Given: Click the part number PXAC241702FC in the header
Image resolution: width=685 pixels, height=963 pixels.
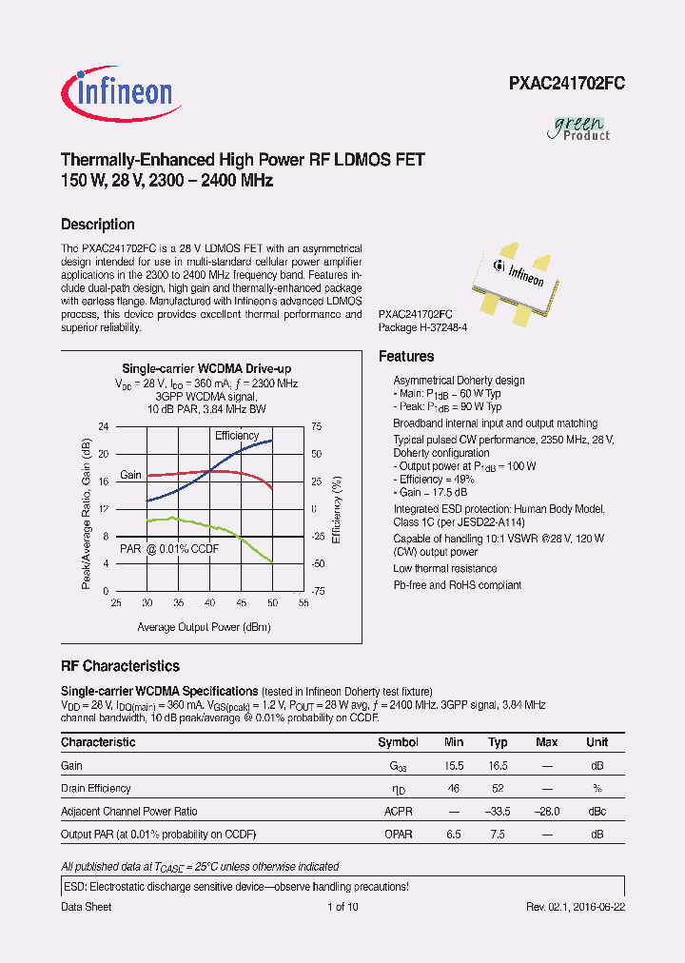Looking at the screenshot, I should pos(566,84).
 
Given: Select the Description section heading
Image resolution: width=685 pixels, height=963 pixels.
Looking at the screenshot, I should pos(97,225).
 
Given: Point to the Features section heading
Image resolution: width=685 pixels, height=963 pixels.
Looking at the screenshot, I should pos(406,357).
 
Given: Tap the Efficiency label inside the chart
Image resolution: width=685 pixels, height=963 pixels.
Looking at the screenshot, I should pos(237,436).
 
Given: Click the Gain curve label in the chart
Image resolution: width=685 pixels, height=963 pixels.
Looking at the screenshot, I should pos(130,475).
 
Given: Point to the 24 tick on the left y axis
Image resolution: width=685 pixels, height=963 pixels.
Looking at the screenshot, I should pos(104,426).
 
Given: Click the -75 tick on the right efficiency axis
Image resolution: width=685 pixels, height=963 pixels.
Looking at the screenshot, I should pos(318,591).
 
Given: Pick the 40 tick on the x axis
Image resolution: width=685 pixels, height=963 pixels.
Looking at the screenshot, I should pos(209,603).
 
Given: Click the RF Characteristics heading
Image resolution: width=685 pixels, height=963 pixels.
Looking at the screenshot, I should pos(120,667).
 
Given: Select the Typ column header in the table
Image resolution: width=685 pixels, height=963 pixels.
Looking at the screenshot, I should pos(498,742).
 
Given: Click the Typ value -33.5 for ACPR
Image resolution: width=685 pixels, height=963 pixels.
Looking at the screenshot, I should pos(498,812).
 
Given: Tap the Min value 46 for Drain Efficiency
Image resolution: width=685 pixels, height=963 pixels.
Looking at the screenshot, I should pos(453,789).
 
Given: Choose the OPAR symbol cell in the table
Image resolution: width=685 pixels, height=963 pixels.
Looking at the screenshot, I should pos(398,835).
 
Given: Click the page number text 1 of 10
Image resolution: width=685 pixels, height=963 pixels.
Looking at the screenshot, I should pos(342,907).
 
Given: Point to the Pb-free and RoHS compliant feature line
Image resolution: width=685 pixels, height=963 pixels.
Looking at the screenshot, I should pos(457,585).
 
